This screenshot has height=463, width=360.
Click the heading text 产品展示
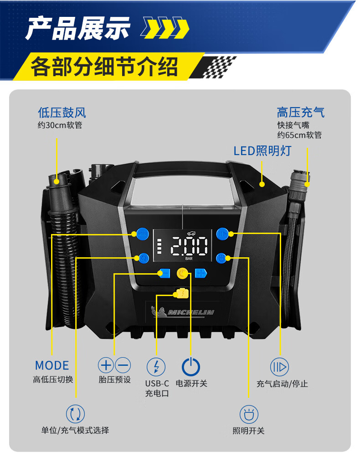click(x=77, y=28)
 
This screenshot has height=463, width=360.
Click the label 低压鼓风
click(x=62, y=113)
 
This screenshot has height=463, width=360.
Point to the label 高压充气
click(x=301, y=112)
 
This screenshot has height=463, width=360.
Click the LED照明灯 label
click(x=262, y=151)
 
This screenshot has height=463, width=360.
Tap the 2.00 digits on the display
click(x=189, y=247)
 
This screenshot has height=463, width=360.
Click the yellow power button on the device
click(x=183, y=274)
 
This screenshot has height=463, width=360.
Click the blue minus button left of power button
click(x=164, y=274)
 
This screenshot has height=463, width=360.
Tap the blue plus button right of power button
click(x=201, y=274)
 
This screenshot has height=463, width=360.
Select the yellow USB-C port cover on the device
click(x=180, y=294)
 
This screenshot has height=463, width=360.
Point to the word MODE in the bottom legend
click(x=52, y=365)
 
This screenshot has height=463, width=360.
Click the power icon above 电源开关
click(x=191, y=366)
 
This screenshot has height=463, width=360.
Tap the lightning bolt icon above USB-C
click(x=156, y=366)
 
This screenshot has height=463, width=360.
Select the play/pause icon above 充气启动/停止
click(x=279, y=366)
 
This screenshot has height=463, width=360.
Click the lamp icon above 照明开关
click(x=249, y=414)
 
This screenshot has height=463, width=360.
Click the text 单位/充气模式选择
click(x=75, y=430)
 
